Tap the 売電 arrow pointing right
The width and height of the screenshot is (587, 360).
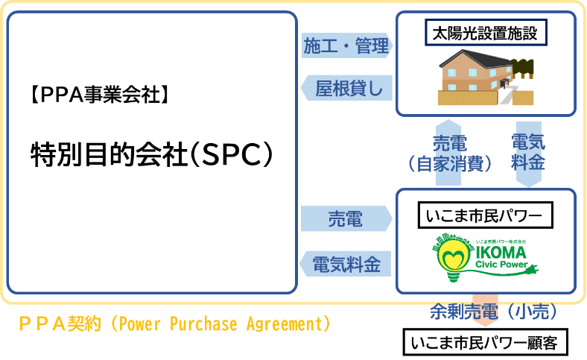click(346, 219)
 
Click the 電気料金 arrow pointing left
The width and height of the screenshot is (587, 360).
click(346, 264)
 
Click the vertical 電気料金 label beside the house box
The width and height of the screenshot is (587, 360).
click(528, 152)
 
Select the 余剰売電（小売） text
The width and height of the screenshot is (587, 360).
click(493, 313)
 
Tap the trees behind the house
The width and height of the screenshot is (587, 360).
click(524, 66)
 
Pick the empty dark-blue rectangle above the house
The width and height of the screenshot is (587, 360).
click(486, 32)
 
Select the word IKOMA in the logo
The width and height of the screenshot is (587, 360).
click(506, 253)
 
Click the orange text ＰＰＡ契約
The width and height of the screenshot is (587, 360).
click(60, 325)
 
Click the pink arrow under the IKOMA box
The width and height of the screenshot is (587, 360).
click(485, 307)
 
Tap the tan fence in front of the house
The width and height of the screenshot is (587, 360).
click(456, 98)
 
